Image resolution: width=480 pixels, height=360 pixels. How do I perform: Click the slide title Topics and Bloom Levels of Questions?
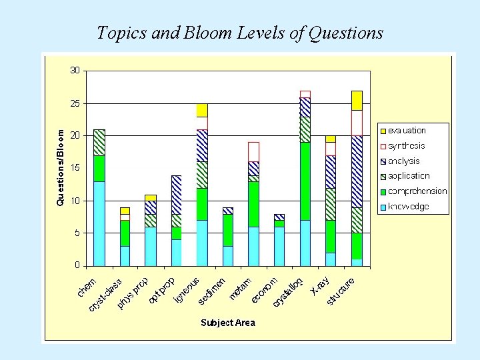[240, 32]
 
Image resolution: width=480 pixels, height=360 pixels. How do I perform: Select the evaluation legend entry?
[407, 131]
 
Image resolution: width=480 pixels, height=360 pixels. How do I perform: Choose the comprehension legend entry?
[417, 191]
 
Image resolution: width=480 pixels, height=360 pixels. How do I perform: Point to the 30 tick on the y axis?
[75, 71]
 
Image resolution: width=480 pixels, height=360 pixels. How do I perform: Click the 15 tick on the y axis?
[75, 168]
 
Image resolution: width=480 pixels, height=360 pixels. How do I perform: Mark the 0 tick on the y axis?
[77, 265]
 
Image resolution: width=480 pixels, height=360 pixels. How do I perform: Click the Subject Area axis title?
[227, 323]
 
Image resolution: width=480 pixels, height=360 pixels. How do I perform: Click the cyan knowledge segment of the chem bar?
[99, 223]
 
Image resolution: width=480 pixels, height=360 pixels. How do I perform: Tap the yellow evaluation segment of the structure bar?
[357, 100]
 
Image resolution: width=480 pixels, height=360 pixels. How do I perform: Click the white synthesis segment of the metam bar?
[253, 151]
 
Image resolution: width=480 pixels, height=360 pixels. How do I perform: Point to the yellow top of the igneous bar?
[202, 110]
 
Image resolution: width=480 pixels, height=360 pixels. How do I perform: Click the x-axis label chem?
[86, 288]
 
